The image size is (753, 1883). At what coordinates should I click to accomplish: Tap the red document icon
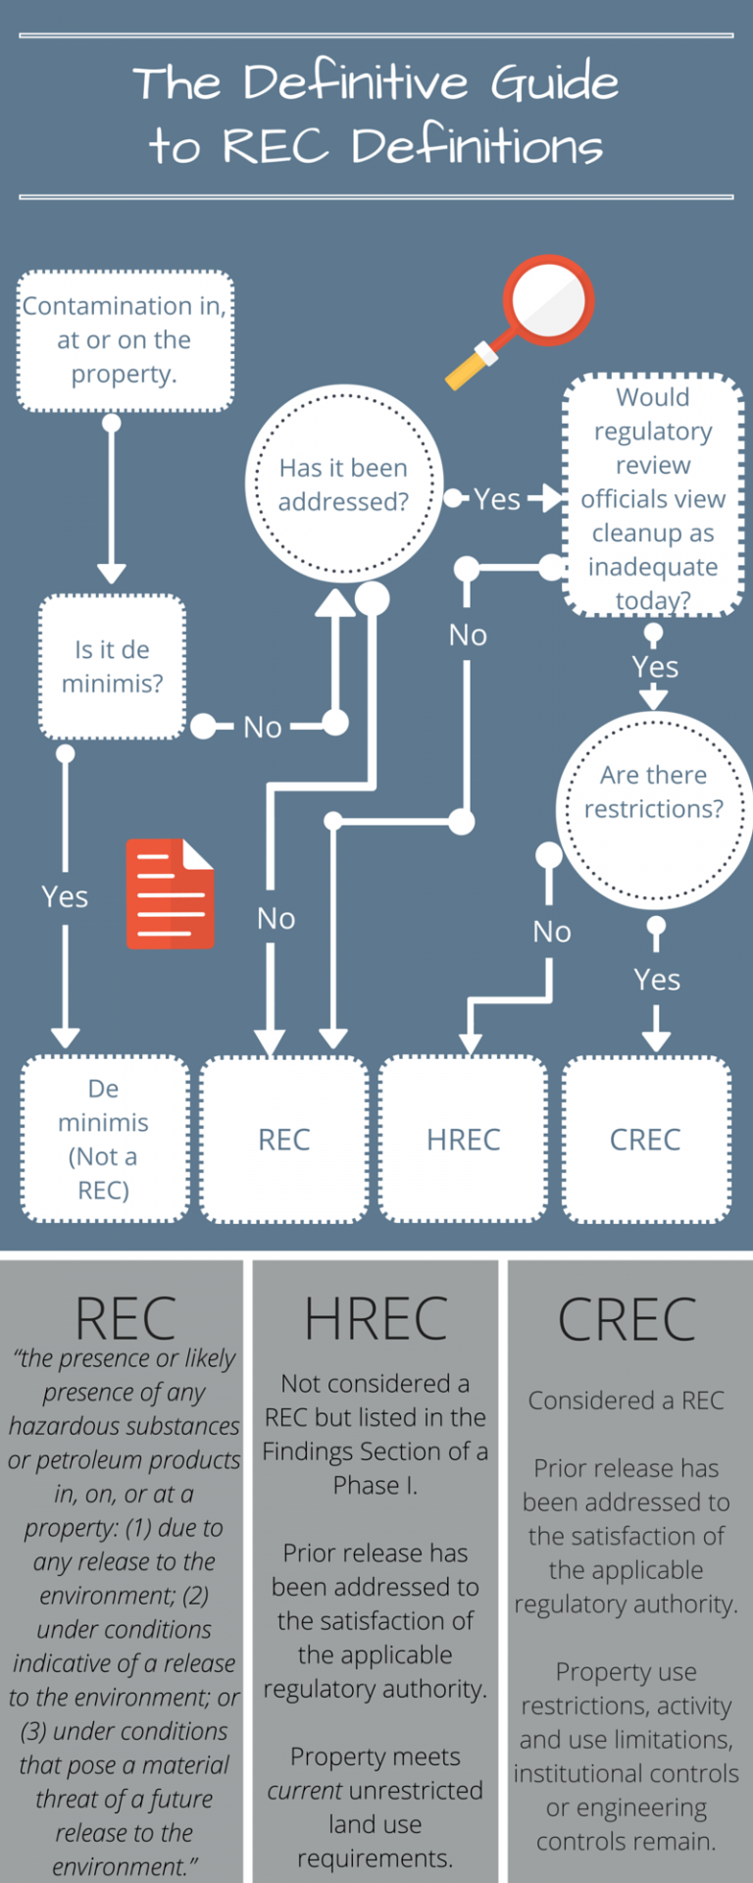pos(170,893)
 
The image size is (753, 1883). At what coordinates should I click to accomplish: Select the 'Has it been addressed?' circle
pos(343,484)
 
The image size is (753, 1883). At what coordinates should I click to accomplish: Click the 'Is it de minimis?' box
pos(112,667)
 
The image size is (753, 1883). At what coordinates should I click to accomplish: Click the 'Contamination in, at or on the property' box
pos(125,340)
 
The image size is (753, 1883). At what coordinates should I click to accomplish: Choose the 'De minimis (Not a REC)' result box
pos(104,1139)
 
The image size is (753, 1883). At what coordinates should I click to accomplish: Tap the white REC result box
pos(284,1139)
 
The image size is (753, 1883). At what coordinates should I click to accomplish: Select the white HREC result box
pos(463,1139)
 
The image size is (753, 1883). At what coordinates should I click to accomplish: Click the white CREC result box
pos(645,1139)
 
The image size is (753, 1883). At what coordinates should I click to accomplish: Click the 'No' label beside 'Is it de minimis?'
pos(262,727)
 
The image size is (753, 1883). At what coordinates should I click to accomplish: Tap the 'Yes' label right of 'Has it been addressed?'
pos(497,499)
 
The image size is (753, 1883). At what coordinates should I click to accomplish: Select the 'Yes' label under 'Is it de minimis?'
pos(65,896)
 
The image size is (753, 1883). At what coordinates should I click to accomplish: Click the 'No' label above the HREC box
pos(551,931)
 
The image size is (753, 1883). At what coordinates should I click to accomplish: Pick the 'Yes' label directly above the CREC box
pos(656,979)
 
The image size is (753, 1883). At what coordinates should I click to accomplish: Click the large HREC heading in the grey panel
pos(376,1319)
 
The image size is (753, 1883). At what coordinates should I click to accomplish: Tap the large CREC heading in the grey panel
pos(627,1320)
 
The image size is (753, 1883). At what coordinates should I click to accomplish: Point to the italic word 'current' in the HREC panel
pos(305,1790)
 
